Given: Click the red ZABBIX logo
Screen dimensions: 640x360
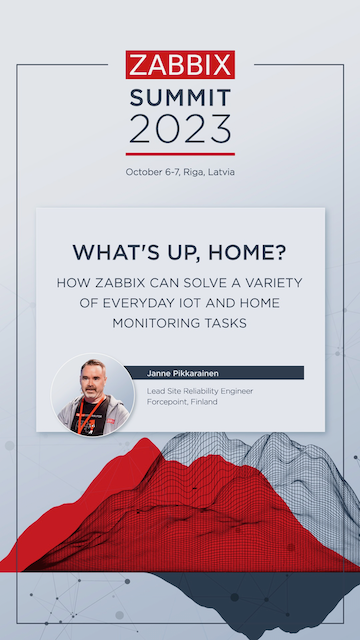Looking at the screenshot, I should (x=180, y=65).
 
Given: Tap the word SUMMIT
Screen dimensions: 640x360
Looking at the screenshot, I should (x=180, y=96).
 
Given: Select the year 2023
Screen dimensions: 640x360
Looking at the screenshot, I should (x=180, y=128).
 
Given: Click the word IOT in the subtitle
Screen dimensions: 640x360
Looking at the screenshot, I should (x=193, y=303).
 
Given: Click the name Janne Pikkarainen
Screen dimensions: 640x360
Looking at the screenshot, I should (x=181, y=373).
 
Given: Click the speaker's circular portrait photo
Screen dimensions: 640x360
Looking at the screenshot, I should (x=93, y=391).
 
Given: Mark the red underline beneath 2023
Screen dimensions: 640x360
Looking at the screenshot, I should (x=180, y=154).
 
